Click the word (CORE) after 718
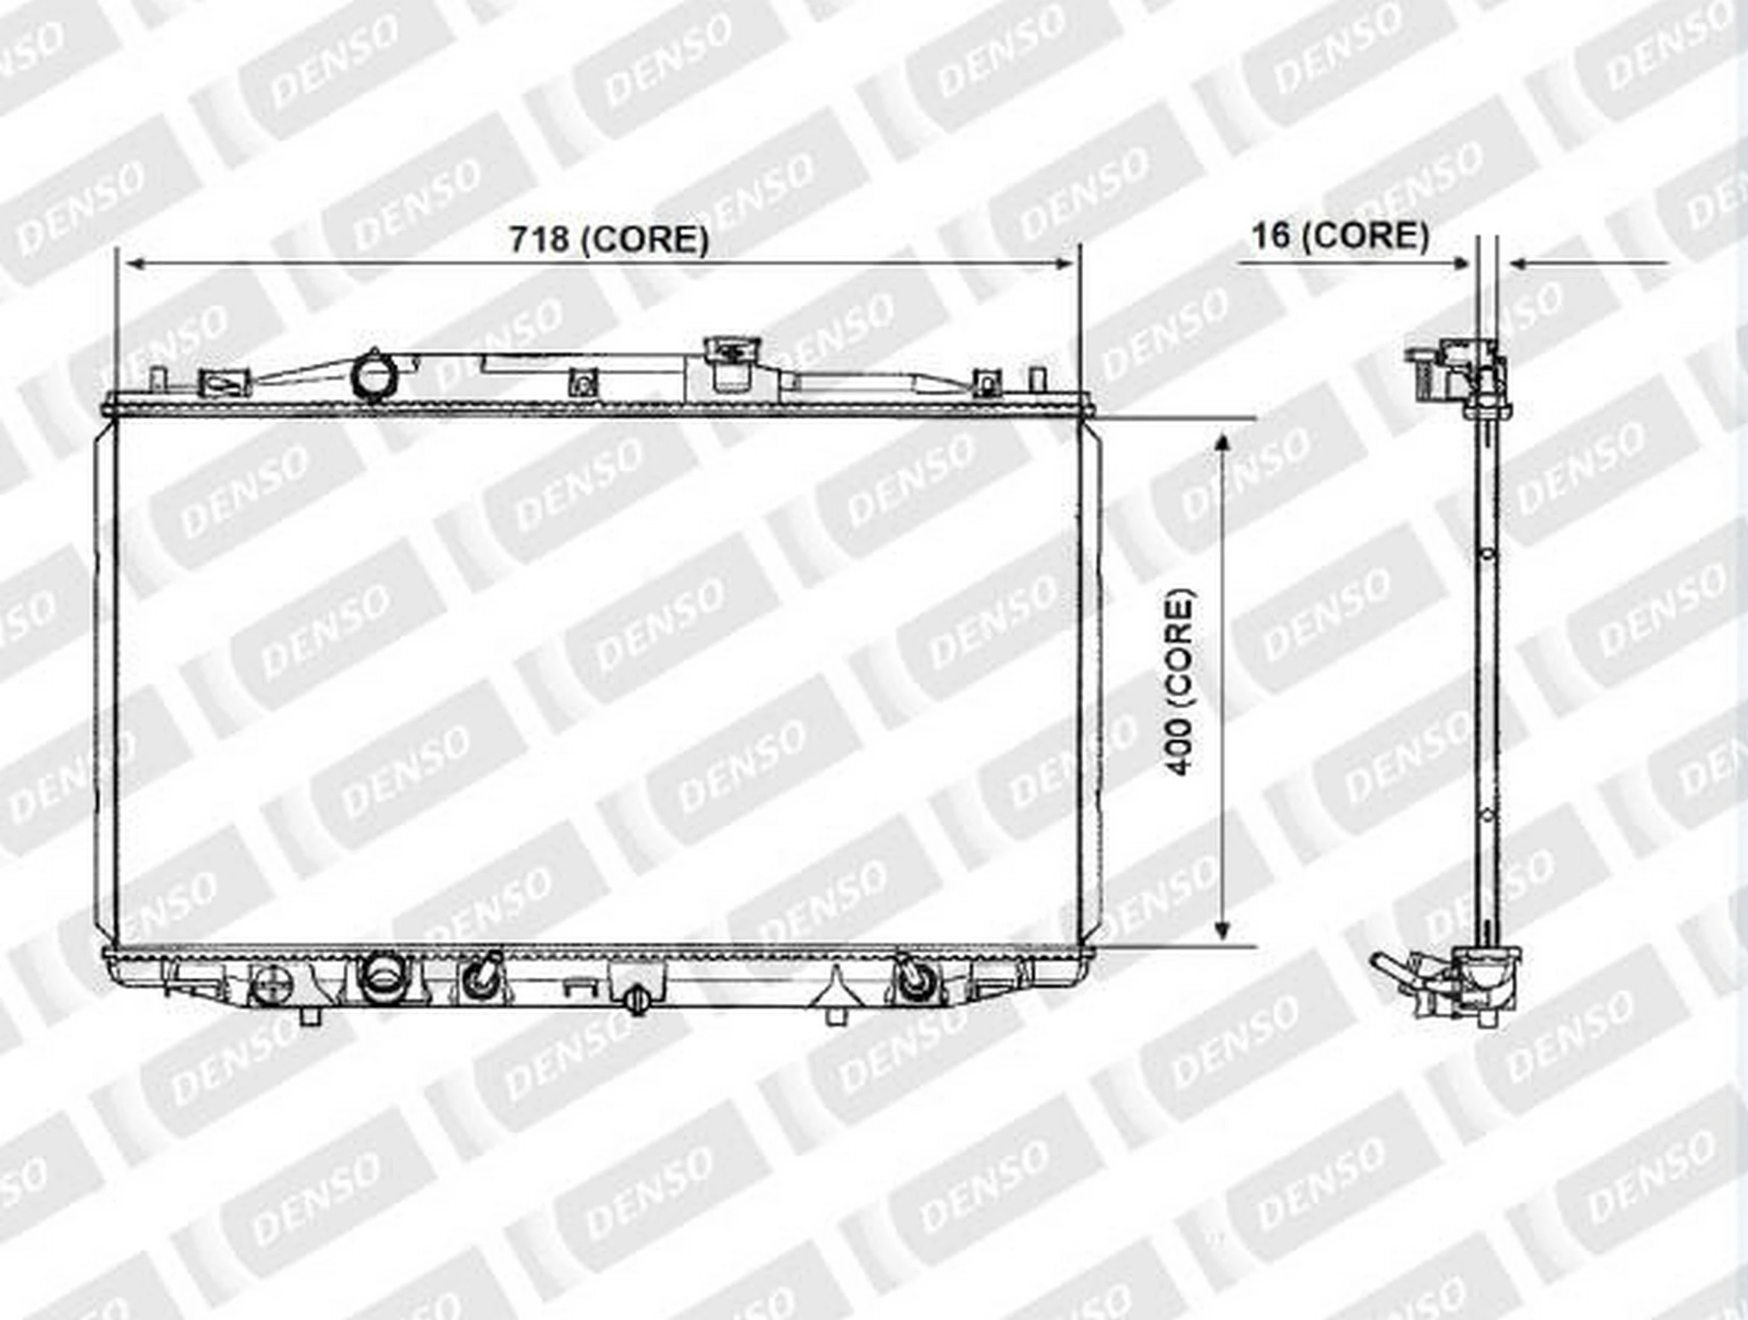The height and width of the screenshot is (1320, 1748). pos(645,240)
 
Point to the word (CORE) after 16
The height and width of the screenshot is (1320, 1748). pos(1366,236)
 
